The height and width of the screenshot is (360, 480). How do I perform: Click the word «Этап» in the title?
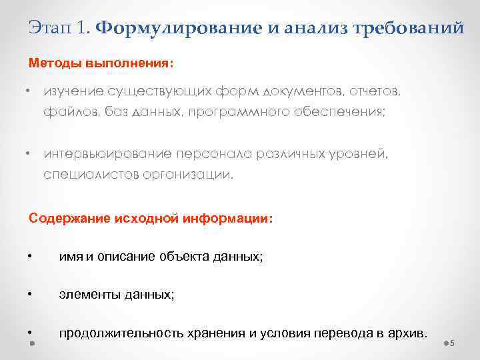[51, 28]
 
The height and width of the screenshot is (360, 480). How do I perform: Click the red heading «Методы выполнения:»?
[101, 65]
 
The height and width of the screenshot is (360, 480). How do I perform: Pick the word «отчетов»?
[377, 91]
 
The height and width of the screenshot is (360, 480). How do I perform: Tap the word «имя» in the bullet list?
[69, 257]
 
